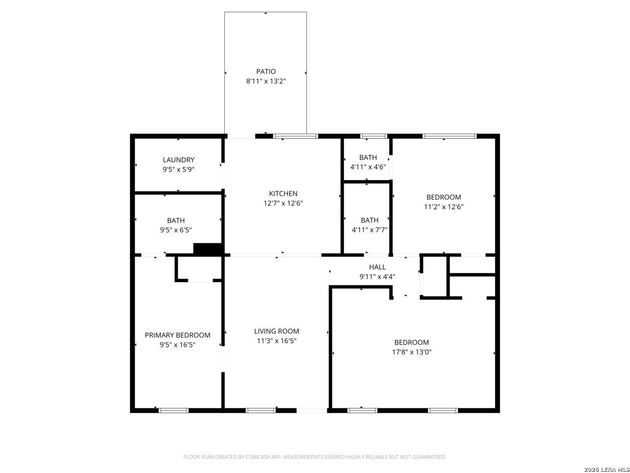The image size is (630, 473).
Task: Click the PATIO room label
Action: click(266, 71)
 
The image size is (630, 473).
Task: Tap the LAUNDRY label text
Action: click(178, 160)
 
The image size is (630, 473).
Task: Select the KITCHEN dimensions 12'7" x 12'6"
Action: click(283, 203)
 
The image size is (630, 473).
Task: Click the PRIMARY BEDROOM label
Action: click(177, 335)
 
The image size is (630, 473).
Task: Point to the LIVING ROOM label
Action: click(276, 331)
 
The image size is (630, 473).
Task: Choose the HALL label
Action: click(377, 267)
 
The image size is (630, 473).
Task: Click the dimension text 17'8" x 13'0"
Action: click(412, 352)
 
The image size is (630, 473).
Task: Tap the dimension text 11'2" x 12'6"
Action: click(444, 206)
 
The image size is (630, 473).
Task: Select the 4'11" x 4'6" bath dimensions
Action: click(368, 166)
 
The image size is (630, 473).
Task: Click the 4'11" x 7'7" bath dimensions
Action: click(369, 229)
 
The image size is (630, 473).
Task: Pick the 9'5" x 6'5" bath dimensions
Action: click(175, 230)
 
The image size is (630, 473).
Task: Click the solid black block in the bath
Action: click(207, 248)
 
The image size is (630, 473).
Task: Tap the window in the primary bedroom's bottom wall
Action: click(173, 410)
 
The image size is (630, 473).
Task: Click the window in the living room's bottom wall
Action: click(261, 410)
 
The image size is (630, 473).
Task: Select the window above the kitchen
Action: click(295, 136)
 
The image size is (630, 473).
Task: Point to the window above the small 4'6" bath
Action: click(374, 136)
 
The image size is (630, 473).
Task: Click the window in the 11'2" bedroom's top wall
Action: click(449, 136)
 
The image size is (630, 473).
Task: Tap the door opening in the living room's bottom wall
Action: click(311, 410)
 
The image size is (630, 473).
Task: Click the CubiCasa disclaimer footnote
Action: click(315, 457)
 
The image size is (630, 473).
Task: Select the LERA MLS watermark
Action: click(606, 469)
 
